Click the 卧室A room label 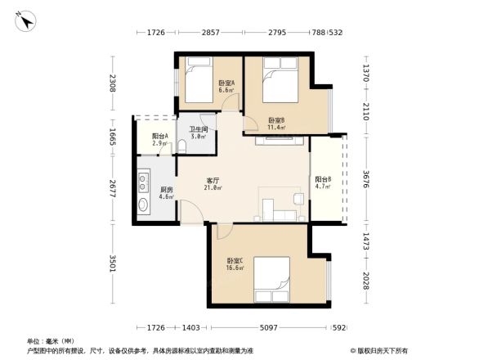point(226,83)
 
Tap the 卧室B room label point(276,120)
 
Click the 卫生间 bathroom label point(199,129)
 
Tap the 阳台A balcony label point(159,137)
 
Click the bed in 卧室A point(199,83)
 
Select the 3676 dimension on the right point(367,181)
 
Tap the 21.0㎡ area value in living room point(213,188)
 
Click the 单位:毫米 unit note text point(51,341)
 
